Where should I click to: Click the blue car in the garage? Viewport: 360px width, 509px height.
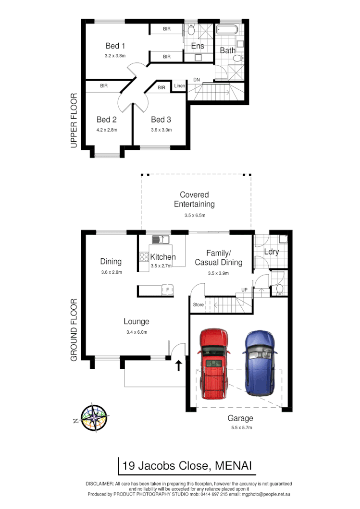click(260, 363)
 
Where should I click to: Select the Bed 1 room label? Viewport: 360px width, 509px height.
click(115, 46)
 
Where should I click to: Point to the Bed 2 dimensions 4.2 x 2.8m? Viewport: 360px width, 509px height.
click(107, 130)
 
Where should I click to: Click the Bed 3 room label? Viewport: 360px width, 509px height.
click(161, 120)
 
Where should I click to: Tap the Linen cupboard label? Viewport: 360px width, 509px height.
click(180, 86)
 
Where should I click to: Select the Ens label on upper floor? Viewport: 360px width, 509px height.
click(198, 46)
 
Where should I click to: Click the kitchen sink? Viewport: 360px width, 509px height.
click(159, 239)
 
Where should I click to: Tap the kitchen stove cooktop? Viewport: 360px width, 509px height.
click(144, 256)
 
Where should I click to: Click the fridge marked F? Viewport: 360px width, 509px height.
click(168, 290)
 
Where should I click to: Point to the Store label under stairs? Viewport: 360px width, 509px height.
click(198, 304)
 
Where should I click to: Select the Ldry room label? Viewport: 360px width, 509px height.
click(271, 252)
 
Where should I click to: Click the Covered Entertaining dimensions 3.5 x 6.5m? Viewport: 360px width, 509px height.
click(195, 216)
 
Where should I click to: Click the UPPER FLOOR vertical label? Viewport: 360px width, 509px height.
click(74, 120)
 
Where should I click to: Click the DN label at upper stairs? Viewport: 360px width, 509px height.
click(197, 79)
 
